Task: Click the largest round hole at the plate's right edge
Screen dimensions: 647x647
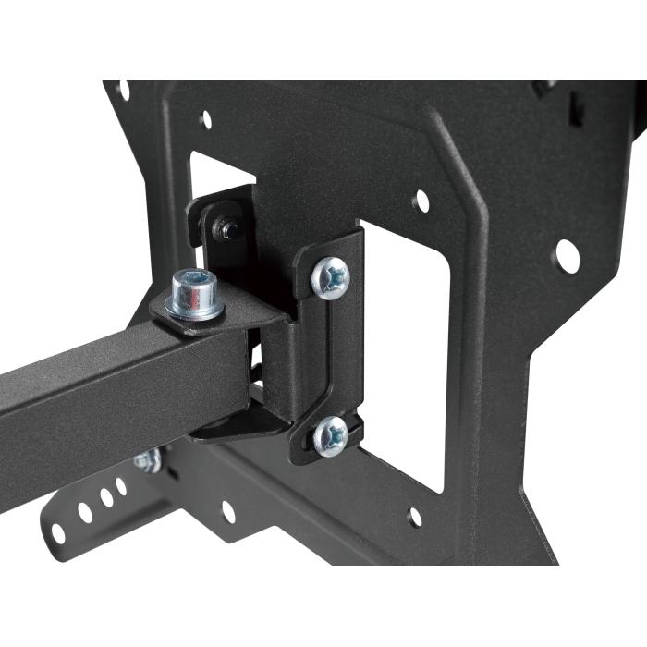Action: (567, 256)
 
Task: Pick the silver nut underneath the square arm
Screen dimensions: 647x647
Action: (147, 460)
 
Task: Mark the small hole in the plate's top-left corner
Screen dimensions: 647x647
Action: (123, 90)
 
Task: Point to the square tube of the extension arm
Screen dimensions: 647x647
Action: (111, 388)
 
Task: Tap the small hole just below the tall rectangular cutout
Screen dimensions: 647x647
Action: (415, 518)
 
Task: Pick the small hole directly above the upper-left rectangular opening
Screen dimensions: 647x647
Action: (205, 118)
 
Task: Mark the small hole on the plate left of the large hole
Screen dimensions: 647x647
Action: (421, 201)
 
